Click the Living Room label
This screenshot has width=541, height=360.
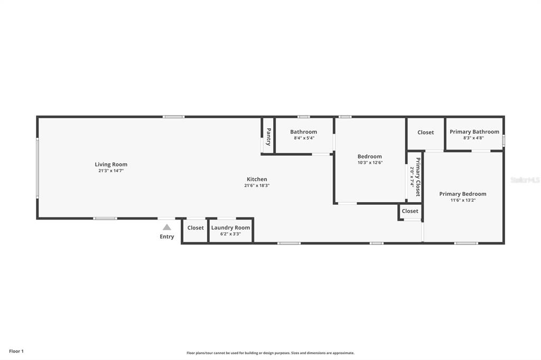tap(111, 164)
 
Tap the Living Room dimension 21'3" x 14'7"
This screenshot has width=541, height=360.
tap(111, 171)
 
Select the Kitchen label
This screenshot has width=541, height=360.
tap(257, 179)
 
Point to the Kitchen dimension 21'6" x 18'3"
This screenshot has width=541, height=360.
tap(257, 186)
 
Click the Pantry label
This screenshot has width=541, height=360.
tap(268, 137)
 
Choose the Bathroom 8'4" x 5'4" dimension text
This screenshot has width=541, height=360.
tap(303, 138)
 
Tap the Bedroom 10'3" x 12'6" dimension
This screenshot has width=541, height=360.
tap(369, 163)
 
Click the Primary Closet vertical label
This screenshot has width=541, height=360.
tap(418, 177)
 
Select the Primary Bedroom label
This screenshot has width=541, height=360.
tap(462, 194)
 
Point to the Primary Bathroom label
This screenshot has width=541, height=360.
tap(474, 131)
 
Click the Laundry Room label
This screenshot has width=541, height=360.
tap(230, 228)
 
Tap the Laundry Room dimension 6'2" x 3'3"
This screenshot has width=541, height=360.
tap(230, 234)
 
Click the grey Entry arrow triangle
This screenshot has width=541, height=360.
tap(167, 227)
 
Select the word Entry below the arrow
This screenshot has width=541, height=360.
tap(167, 236)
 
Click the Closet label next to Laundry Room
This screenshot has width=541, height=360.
tap(195, 228)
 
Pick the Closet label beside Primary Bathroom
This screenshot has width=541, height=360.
tap(425, 132)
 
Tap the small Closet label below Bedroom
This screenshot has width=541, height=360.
tap(410, 211)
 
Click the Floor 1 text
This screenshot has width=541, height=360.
tap(16, 351)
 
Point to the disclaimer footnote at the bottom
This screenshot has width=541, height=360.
tap(270, 353)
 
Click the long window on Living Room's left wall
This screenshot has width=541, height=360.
tap(37, 167)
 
